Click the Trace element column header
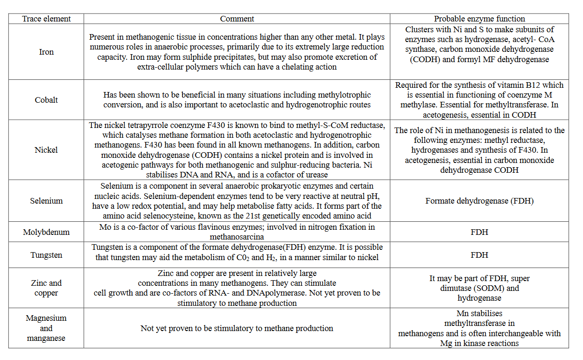tap(46, 19)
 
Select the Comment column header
tap(237, 19)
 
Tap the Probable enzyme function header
tap(479, 19)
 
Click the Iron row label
tap(46, 52)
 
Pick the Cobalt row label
tap(46, 100)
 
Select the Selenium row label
tap(46, 201)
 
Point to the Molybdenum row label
tap(46, 232)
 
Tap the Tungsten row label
tap(46, 255)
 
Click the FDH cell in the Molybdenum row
tap(479, 232)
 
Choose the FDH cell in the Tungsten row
tap(479, 255)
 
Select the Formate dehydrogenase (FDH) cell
tap(479, 201)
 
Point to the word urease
tap(316, 175)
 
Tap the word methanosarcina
tap(237, 237)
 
